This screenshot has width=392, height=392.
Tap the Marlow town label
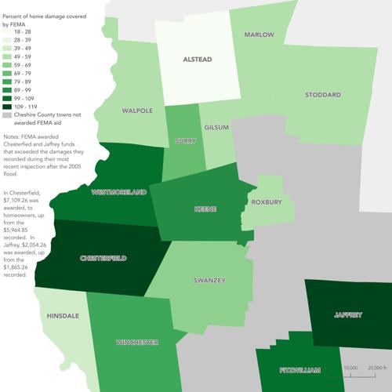click(x=259, y=36)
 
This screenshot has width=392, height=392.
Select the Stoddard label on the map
click(x=323, y=95)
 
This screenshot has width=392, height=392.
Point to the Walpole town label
click(x=137, y=111)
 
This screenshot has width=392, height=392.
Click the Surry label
click(x=185, y=141)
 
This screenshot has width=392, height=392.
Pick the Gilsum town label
click(x=216, y=127)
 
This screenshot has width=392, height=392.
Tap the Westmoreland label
click(x=119, y=191)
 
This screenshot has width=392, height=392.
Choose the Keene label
click(x=205, y=209)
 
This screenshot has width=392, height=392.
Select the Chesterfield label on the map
click(x=103, y=258)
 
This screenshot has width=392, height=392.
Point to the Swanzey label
click(x=209, y=280)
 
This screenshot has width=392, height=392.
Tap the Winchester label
click(x=137, y=343)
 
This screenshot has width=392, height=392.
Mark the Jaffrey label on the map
click(x=347, y=315)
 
